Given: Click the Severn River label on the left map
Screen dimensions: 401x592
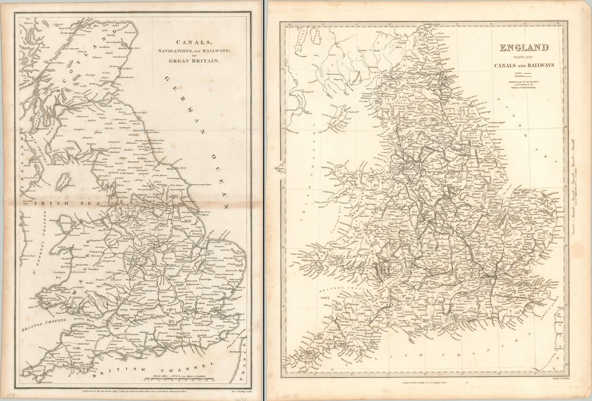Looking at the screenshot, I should [78, 320].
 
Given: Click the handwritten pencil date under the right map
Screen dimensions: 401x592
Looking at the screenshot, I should [290, 394].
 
